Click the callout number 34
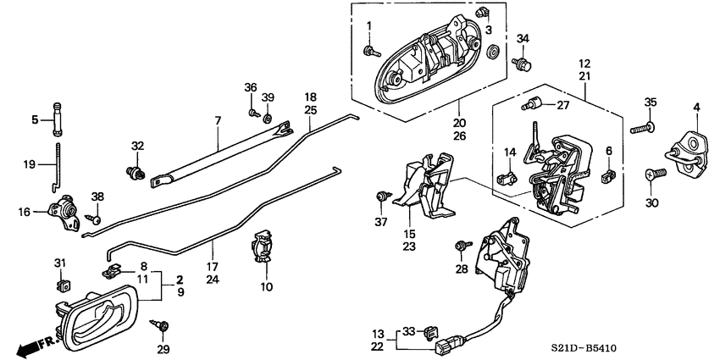tap(523, 39)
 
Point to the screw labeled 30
tap(656, 173)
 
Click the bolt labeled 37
tap(383, 197)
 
